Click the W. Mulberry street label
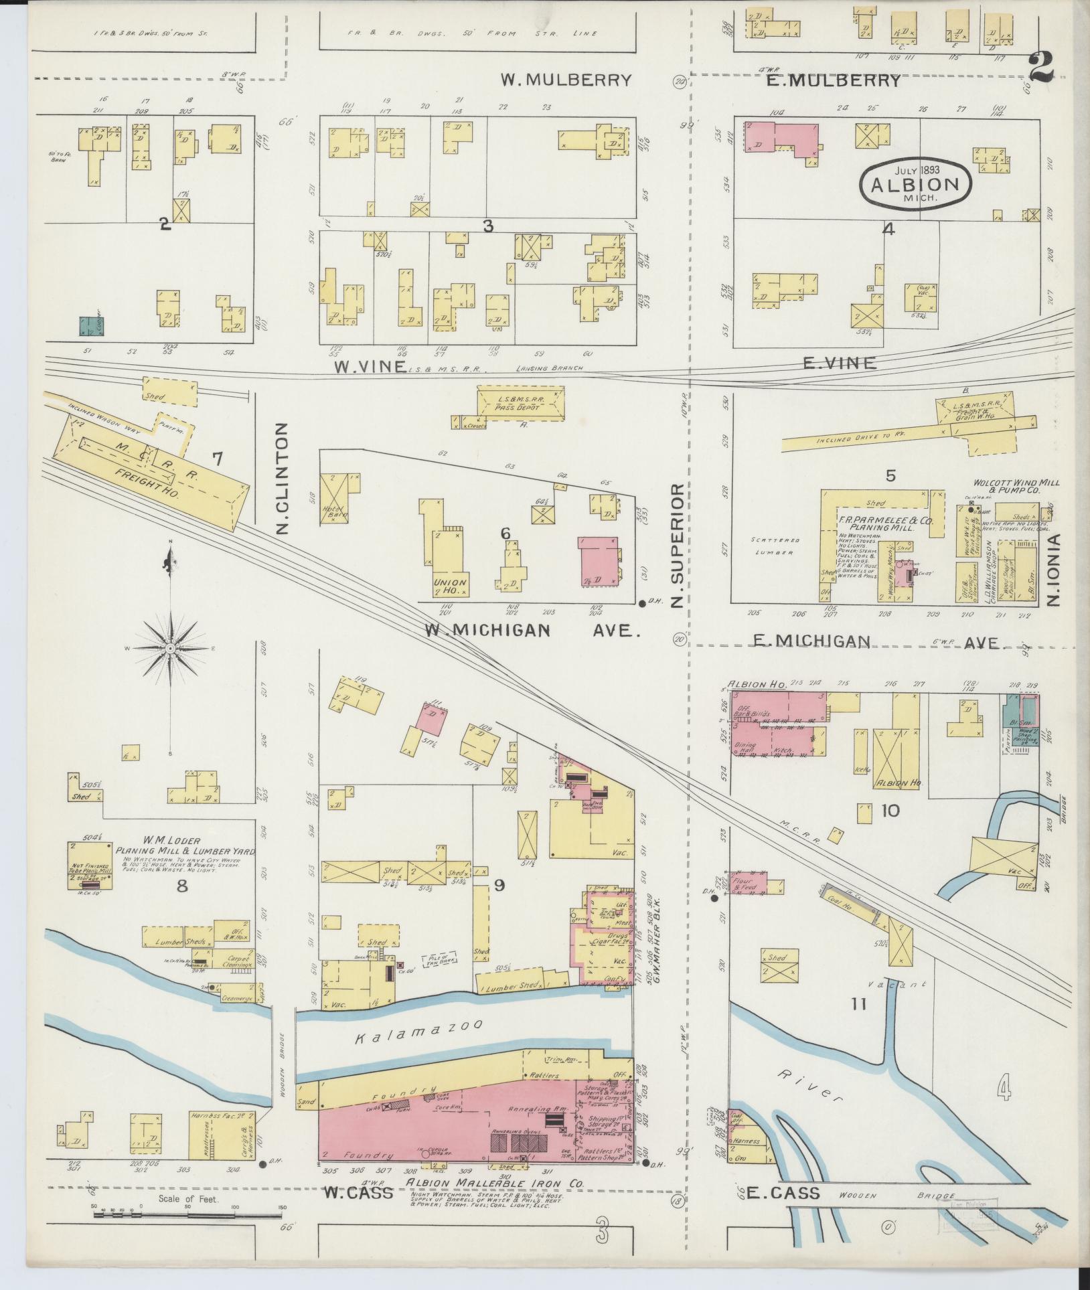tap(566, 80)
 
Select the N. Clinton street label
tap(282, 477)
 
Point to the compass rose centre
tap(171, 649)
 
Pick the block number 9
tap(499, 885)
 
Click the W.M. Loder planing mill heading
tap(186, 845)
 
